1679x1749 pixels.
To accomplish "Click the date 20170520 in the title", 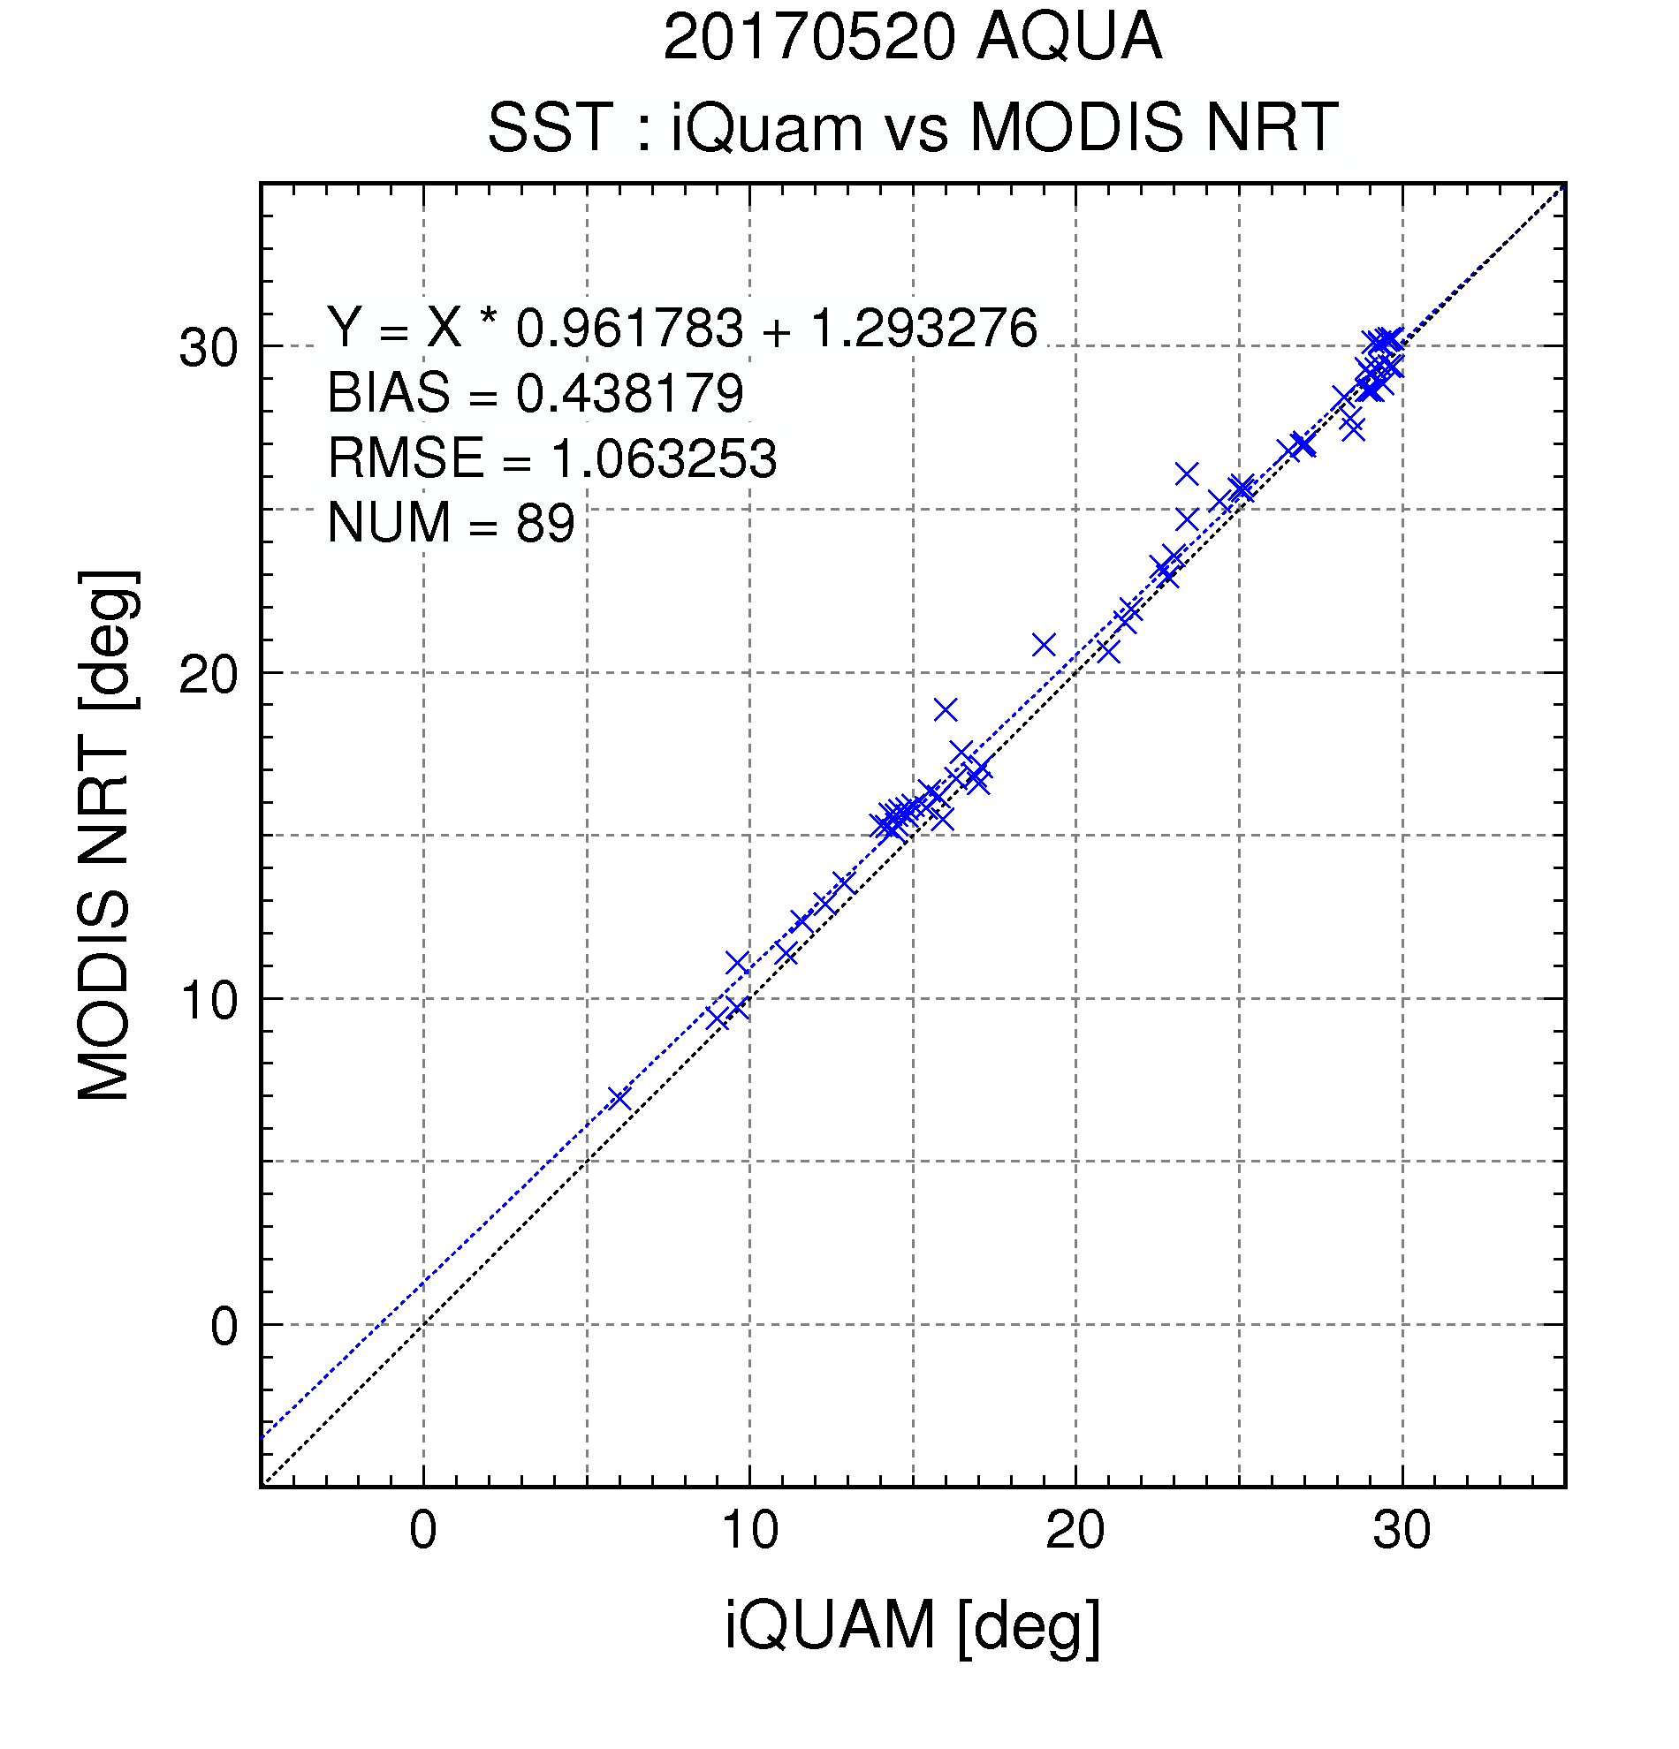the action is point(809,37).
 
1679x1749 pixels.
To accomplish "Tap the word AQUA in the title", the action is point(1069,37).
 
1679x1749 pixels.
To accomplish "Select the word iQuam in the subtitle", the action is point(767,126).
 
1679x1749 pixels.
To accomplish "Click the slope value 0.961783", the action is point(629,328).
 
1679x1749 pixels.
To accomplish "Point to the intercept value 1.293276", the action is point(923,328).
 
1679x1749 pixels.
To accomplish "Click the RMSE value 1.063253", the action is point(664,458).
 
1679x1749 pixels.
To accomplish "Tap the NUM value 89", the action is point(544,523).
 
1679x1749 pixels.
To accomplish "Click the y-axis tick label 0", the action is point(225,1326).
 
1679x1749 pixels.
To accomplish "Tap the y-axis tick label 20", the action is point(209,674).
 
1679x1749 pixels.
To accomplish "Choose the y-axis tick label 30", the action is point(209,348).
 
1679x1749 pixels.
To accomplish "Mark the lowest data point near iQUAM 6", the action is point(619,1100).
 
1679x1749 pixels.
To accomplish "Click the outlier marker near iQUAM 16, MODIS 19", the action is point(946,710).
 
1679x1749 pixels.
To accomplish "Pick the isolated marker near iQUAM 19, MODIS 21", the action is point(1044,645).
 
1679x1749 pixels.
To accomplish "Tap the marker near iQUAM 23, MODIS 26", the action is point(1186,473).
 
